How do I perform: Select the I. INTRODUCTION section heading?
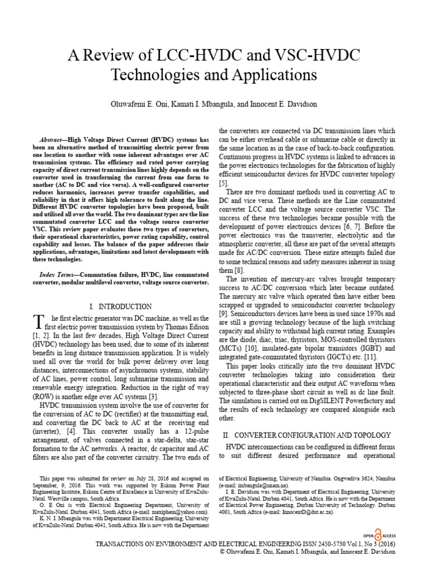click(x=120, y=307)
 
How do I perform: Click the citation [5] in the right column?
click(x=223, y=183)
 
